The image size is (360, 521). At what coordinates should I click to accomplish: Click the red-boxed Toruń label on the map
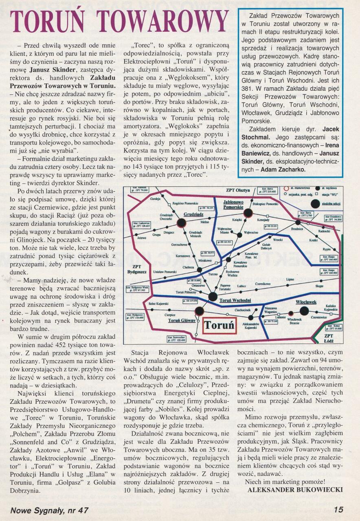click(x=220, y=325)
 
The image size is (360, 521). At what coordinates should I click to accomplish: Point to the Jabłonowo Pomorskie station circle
click(x=247, y=213)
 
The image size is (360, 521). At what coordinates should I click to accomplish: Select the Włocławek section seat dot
click(x=304, y=311)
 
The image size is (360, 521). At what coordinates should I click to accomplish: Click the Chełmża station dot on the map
click(x=200, y=269)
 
